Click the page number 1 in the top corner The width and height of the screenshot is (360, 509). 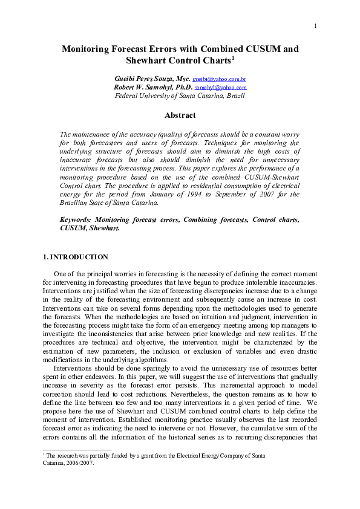click(x=316, y=25)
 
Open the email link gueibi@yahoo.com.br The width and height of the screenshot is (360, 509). click(x=219, y=79)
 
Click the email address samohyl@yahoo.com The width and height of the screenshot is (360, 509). click(x=220, y=88)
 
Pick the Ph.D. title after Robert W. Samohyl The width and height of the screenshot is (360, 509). click(x=182, y=87)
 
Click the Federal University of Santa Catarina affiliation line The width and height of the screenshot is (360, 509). click(x=180, y=96)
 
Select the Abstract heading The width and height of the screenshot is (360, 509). click(x=180, y=115)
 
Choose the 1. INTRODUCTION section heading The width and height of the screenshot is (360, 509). click(x=76, y=257)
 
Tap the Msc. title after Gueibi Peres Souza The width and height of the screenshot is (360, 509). click(x=182, y=79)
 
